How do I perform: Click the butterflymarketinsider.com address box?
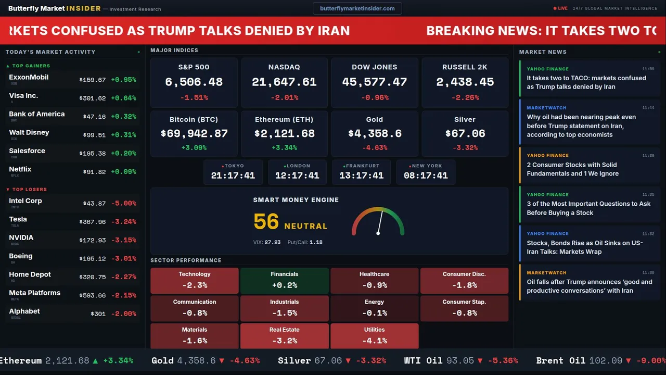click(357, 8)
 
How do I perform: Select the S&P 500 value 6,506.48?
click(194, 82)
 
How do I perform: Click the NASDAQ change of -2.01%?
click(284, 97)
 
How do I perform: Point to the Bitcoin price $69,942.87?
click(194, 134)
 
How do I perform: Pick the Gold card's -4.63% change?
click(375, 148)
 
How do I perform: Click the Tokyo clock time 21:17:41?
click(233, 176)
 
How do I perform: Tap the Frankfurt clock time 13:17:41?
click(362, 176)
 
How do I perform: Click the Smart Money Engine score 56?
click(266, 222)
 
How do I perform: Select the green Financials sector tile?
click(284, 281)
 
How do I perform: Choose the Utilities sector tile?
click(375, 336)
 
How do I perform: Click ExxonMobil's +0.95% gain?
click(123, 80)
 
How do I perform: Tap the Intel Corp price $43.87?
click(95, 204)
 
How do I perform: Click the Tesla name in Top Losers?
click(18, 219)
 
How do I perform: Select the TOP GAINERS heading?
click(31, 66)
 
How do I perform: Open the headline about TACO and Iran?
click(586, 82)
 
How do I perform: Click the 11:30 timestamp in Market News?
click(648, 272)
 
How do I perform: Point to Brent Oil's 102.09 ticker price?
click(606, 360)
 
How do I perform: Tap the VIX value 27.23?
click(273, 242)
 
